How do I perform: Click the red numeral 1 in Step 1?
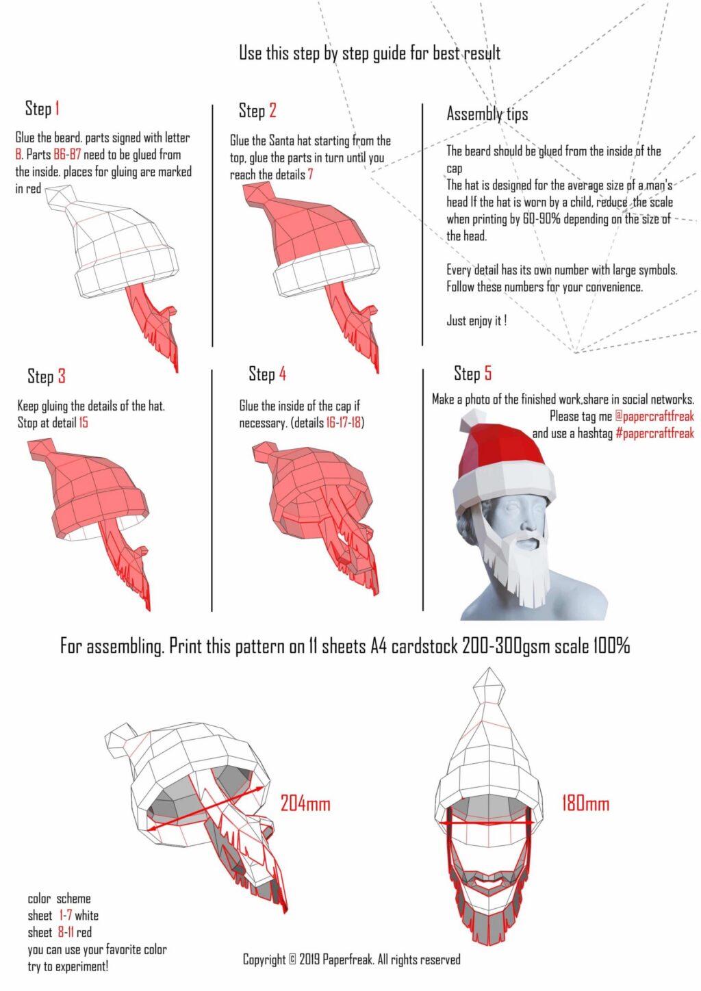tap(58, 108)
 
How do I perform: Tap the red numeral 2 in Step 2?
tap(272, 111)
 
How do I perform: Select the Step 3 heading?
tap(47, 376)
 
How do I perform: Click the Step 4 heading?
tap(267, 374)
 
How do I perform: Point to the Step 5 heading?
tap(472, 373)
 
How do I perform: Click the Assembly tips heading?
tap(487, 114)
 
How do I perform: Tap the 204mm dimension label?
tap(305, 803)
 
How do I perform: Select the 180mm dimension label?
tap(585, 803)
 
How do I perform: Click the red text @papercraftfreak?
tap(654, 416)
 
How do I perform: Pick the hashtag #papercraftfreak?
tap(654, 433)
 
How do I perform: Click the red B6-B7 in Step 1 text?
tap(67, 155)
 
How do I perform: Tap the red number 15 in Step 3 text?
tap(83, 423)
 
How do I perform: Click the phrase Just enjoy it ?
tap(476, 320)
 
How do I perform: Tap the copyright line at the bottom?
tap(351, 960)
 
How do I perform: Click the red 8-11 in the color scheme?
tap(66, 932)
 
